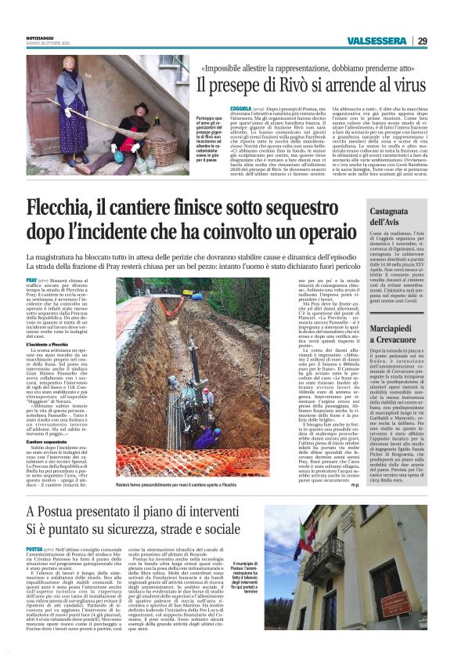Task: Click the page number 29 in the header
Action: pos(422,41)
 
